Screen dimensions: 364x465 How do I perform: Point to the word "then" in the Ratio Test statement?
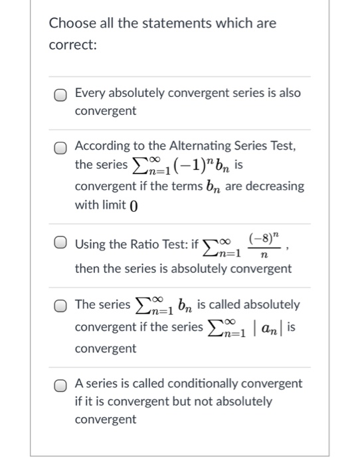click(86, 269)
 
